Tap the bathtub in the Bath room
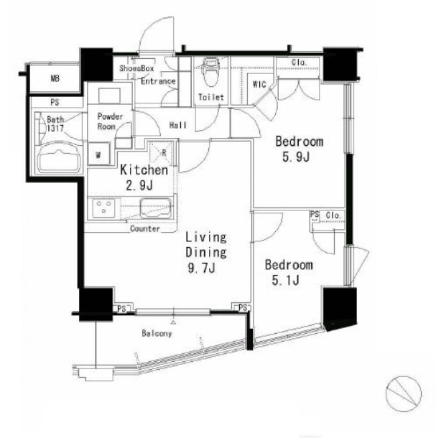pos(59,159)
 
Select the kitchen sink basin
pos(156,208)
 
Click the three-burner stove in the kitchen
pos(104,208)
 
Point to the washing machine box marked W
pos(98,154)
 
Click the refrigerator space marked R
pos(162,154)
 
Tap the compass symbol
pos(403,393)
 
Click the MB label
pos(55,78)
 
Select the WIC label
pos(259,84)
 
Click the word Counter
pos(145,229)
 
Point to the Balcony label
pos(157,333)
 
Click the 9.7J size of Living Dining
pos(202,268)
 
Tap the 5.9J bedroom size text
pos(296,157)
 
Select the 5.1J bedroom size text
pos(286,281)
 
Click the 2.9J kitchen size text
pos(139,185)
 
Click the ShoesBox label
pos(136,68)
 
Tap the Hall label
pos(178,125)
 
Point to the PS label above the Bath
pos(55,103)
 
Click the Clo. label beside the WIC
pos(300,62)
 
